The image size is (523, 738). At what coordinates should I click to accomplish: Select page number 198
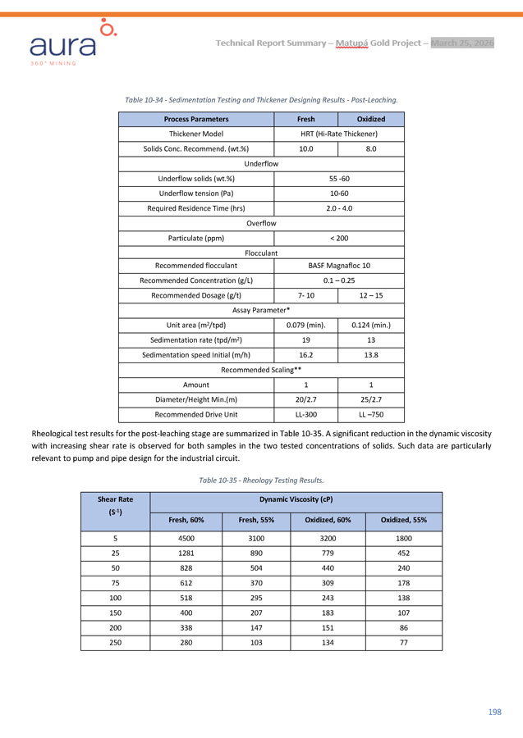494,712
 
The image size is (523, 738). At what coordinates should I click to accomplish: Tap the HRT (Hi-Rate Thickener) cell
339,134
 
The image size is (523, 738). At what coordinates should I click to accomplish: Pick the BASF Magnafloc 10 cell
339,266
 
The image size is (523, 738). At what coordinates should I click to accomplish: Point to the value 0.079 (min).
305,325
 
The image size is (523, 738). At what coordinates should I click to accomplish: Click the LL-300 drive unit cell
305,414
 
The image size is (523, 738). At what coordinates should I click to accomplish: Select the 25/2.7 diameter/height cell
371,399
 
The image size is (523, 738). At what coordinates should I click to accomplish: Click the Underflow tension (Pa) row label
195,194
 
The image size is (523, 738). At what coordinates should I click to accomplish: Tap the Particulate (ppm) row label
195,238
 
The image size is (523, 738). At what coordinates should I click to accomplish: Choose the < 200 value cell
339,238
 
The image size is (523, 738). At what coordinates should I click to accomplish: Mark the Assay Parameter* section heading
261,310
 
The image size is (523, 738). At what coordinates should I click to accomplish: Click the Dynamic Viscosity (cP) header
296,499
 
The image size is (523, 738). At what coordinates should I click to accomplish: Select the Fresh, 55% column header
255,520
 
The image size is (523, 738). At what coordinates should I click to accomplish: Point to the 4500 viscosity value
186,540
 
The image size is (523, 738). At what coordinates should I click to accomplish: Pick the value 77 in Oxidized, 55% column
403,642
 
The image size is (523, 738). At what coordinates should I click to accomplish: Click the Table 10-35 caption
261,480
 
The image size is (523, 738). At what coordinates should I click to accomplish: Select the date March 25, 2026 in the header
462,43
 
